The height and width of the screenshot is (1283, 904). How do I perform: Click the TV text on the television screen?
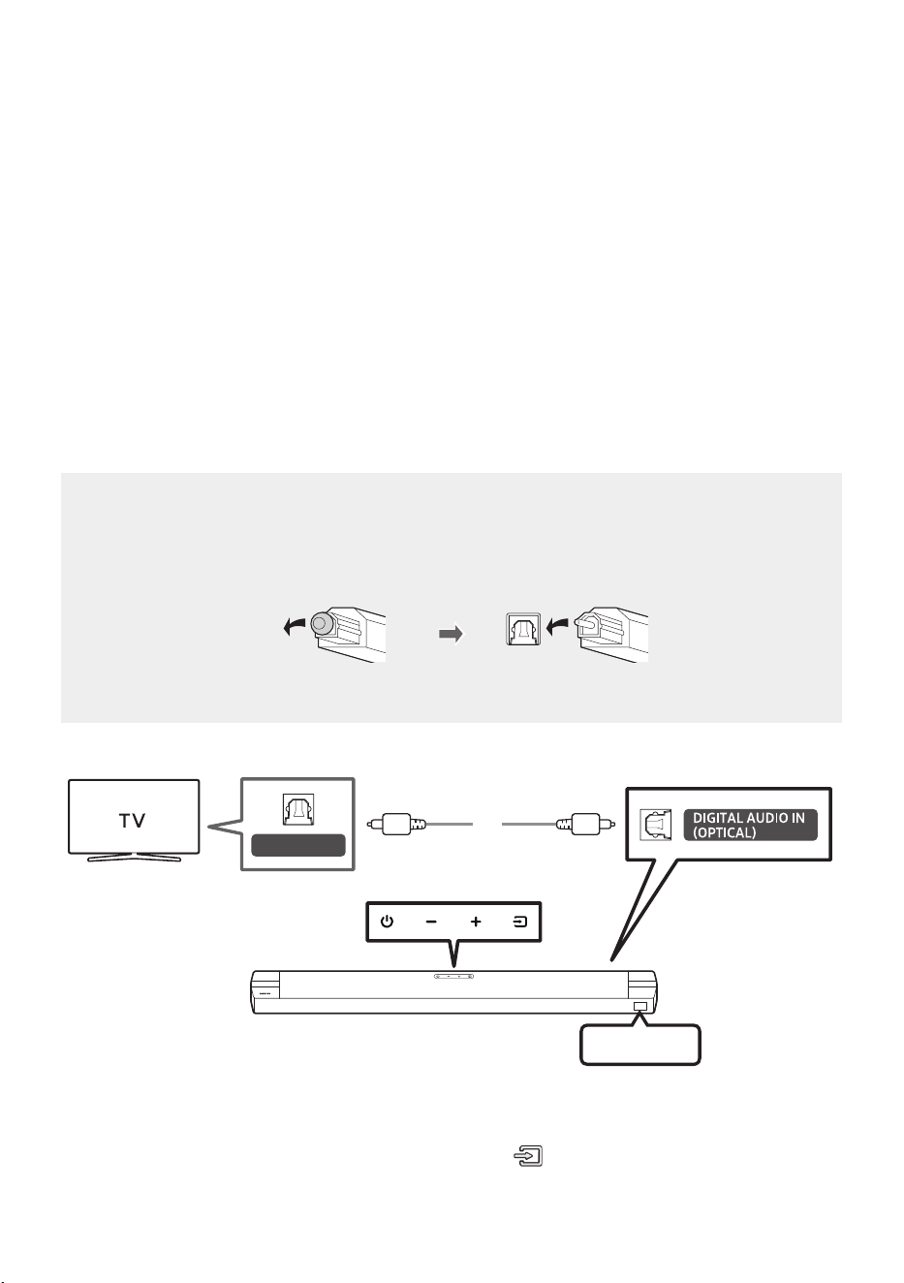point(133,821)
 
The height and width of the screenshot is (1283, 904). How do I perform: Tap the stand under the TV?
point(134,858)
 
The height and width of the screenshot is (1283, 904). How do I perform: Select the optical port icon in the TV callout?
point(297,809)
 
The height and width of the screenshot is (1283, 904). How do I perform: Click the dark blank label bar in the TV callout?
point(297,845)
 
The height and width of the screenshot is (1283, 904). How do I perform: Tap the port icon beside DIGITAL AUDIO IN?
point(655,825)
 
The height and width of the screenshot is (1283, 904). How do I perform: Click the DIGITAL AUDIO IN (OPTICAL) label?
point(750,825)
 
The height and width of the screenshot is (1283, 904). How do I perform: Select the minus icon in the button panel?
point(431,922)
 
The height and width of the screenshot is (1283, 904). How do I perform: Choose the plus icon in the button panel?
point(476,922)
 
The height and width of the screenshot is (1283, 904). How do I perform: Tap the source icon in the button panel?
point(519,922)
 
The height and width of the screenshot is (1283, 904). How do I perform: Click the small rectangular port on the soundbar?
point(640,1007)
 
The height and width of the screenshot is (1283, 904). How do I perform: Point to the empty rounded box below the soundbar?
point(640,1045)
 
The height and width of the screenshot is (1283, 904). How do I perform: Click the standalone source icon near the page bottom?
point(528,1156)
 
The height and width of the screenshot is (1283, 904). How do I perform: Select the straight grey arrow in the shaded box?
point(451,634)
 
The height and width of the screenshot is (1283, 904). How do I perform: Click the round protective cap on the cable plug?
point(321,622)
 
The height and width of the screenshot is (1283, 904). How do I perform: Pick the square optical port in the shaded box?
point(523,629)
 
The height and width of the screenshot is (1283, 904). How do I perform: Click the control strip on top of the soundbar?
point(453,976)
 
